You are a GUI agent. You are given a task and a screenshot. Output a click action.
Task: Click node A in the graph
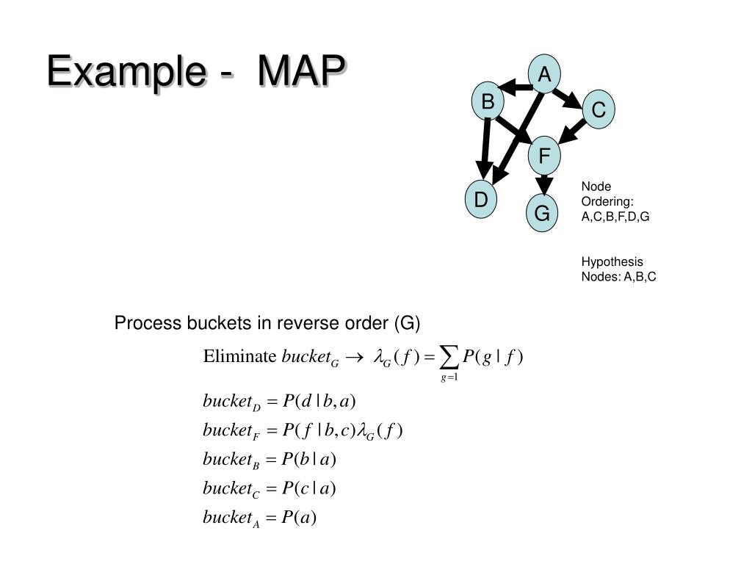[544, 75]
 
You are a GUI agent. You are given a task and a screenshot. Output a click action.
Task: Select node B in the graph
[488, 103]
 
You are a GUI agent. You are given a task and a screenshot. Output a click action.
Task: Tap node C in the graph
[599, 110]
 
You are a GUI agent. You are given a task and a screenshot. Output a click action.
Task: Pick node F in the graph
[544, 156]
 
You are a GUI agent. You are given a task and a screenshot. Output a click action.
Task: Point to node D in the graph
[481, 200]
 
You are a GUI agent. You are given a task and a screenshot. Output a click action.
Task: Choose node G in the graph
[542, 214]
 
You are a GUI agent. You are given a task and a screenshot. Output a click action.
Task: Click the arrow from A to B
[516, 89]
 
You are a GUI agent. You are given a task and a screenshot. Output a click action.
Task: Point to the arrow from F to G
[543, 182]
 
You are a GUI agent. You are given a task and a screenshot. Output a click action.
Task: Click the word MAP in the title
[301, 73]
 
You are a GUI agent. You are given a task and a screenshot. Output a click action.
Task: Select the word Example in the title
[124, 73]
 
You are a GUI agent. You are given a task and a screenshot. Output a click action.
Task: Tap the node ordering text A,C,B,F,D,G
[615, 217]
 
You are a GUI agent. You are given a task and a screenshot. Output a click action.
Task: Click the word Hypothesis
[612, 261]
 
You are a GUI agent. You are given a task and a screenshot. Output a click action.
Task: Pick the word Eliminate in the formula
[240, 357]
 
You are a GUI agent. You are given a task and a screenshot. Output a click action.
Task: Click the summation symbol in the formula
[449, 358]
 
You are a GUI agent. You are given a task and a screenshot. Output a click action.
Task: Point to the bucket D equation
[279, 402]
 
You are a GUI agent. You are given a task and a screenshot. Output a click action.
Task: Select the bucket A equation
[259, 518]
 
